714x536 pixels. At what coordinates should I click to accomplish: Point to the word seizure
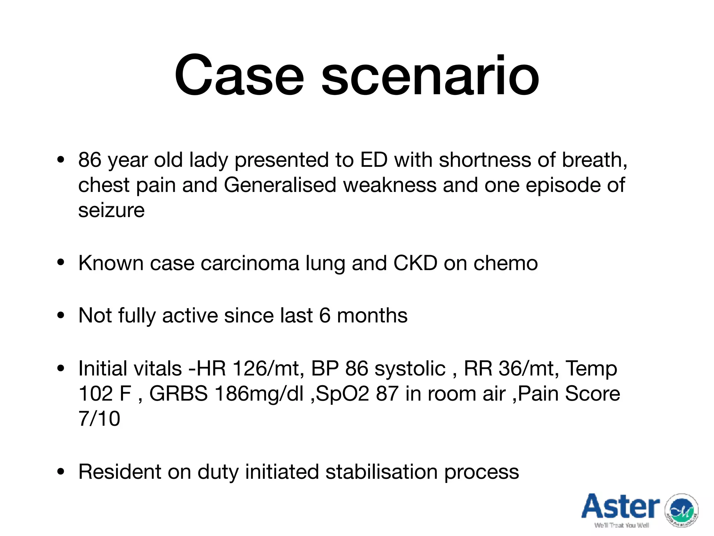coord(111,210)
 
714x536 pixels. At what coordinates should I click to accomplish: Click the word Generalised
coord(280,185)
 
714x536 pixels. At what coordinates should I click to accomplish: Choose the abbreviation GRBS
coord(178,394)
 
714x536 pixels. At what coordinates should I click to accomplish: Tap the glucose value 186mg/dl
coord(259,394)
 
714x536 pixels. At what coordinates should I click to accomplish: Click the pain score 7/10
coord(99,419)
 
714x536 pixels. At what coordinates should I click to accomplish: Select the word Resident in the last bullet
coord(120,472)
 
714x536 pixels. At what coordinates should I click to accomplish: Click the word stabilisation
coord(381,472)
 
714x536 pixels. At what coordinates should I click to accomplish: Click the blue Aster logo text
coord(621,507)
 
